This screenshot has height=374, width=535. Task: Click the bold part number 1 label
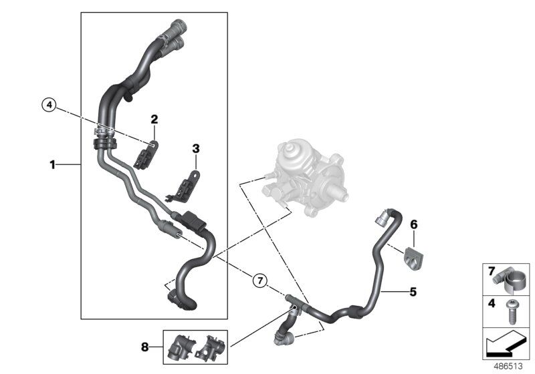(52, 164)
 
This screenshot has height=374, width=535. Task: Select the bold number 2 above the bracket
(154, 120)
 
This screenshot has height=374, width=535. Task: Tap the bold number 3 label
(195, 147)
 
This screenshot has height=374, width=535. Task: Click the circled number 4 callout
(48, 104)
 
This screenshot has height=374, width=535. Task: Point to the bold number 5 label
(413, 291)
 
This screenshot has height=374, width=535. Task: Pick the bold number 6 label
(413, 225)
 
